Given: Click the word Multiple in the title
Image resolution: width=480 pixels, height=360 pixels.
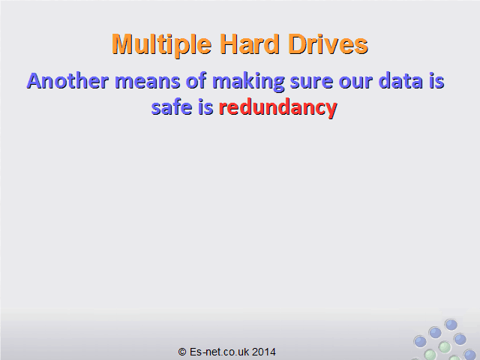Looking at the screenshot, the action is coord(162,45).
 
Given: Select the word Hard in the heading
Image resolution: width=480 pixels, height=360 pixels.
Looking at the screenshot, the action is coord(250,43).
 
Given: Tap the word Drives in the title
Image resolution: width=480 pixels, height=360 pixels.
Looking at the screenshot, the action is coord(328,43).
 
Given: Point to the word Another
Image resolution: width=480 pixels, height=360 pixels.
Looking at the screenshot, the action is coord(67,81).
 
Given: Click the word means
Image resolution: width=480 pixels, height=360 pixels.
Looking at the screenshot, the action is coord(147,82).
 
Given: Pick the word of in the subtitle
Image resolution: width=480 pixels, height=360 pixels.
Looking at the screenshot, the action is coord(196,81).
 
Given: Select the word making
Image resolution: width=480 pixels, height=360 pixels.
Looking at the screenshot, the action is coord(248,82).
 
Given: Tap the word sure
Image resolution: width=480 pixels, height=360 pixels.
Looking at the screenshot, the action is coord(311,82).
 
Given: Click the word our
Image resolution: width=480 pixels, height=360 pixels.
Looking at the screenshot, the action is coord(355,82).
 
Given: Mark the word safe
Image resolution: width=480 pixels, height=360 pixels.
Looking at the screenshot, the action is coord(172,106).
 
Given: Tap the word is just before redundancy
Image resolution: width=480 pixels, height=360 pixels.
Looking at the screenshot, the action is coord(205,107).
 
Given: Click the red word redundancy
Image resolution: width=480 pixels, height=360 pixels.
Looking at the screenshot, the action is coord(278,108).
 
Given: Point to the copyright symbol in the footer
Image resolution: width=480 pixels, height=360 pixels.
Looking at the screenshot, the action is coord(182,352).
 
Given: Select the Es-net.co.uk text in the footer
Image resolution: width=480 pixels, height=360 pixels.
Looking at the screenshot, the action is coord(219,352).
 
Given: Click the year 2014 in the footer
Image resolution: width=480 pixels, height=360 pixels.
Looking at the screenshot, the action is coord(264,352).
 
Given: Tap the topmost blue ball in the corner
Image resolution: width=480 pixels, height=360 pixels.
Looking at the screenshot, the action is coord(451,325).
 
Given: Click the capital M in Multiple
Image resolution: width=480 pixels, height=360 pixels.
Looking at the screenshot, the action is coord(124,43).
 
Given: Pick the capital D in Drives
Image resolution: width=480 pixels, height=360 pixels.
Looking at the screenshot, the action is coord(298,43).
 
